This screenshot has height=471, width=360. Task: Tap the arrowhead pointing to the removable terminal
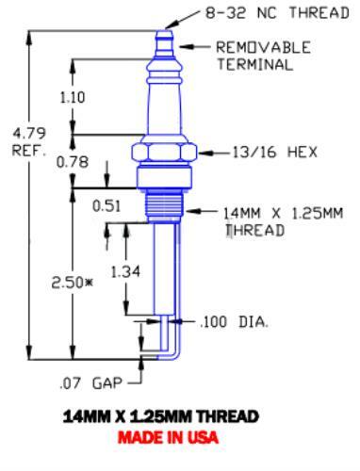click(188, 46)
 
